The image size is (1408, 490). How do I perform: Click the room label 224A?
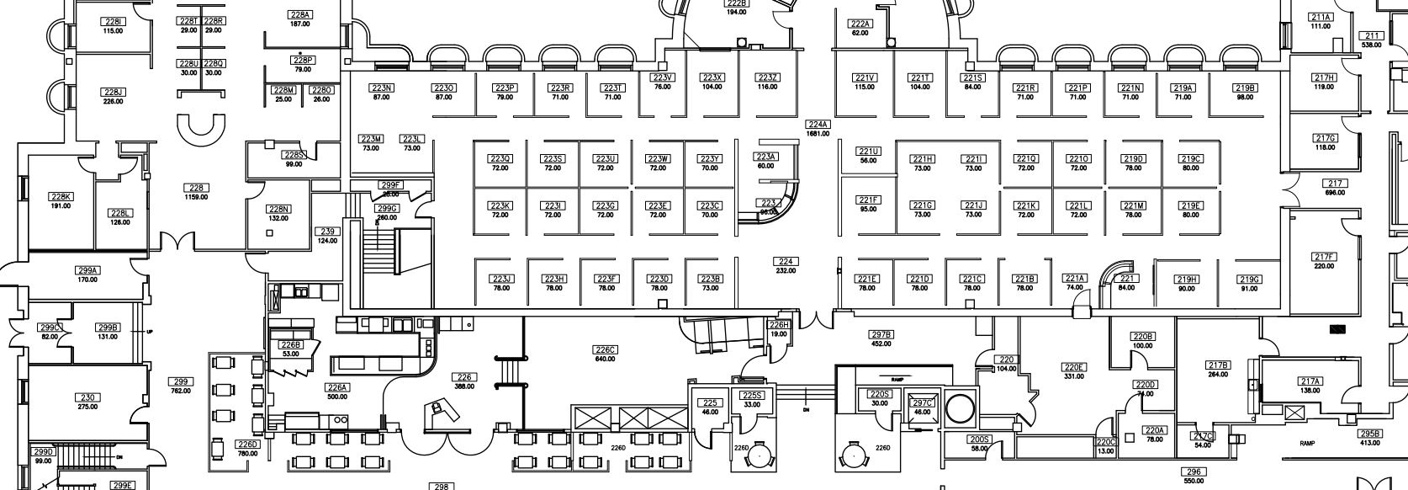(x=818, y=125)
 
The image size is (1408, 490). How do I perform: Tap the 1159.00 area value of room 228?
(x=196, y=197)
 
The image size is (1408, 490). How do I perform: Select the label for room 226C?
(x=605, y=349)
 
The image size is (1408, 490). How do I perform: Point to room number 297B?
(x=881, y=334)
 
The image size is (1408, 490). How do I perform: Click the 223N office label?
(x=382, y=88)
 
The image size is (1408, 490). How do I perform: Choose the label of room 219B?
(x=1245, y=88)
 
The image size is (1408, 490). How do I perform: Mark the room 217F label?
(x=1324, y=257)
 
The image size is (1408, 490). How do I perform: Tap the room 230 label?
(x=87, y=397)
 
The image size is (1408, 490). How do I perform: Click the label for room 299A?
(x=87, y=270)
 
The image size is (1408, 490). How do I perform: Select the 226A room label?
(x=337, y=387)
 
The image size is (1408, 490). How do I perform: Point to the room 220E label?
(x=1073, y=367)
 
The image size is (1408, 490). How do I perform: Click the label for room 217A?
(x=1310, y=381)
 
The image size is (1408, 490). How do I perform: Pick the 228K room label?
(x=61, y=197)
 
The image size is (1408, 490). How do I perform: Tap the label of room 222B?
(x=736, y=3)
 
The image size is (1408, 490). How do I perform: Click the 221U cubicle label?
(x=868, y=152)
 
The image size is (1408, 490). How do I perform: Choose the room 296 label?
(x=1193, y=472)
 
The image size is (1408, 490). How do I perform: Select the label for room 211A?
(x=1321, y=17)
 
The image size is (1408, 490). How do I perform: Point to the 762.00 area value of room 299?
(x=180, y=391)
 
